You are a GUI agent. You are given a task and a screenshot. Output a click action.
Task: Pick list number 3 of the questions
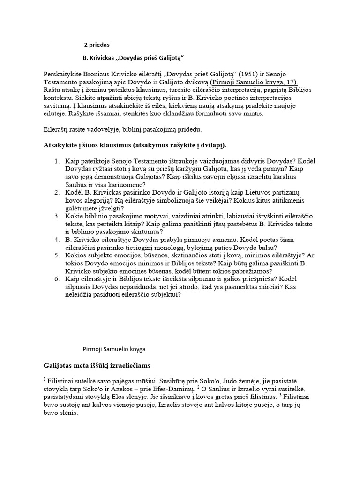click(57, 216)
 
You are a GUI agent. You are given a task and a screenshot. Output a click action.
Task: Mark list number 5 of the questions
click(57, 255)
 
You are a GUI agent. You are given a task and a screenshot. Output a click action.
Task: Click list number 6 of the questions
click(57, 278)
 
